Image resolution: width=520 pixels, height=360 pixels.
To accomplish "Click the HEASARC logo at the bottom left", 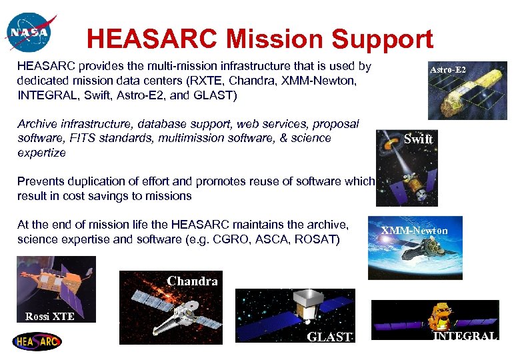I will pos(37,341).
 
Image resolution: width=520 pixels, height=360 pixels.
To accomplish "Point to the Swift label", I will pos(418,139).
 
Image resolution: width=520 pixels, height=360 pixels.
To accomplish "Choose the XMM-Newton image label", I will pos(415,231).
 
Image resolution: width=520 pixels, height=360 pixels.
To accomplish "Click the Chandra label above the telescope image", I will pos(192,281).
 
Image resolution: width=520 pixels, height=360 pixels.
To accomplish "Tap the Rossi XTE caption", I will pos(49,316).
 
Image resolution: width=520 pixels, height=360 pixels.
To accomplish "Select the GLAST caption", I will pos(329,337).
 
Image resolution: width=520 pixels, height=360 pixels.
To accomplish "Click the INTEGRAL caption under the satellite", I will pos(465,336).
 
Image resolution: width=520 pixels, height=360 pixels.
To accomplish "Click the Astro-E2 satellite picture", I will pos(467,97).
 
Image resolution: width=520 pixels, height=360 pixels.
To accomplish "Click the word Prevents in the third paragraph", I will pos(39,181).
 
